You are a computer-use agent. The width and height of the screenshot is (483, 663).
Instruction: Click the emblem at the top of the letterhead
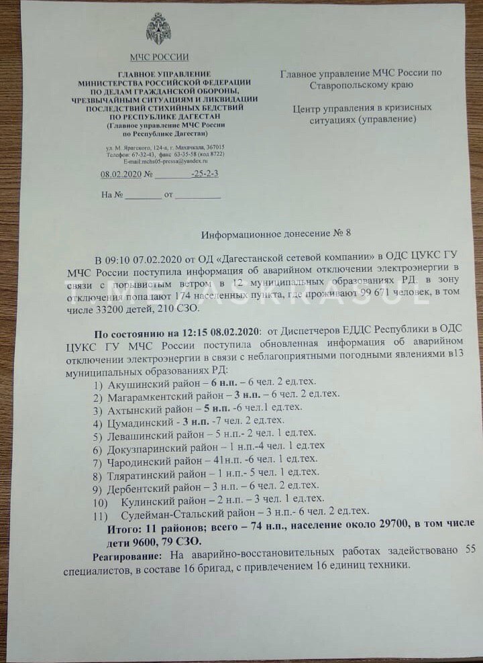[158, 30]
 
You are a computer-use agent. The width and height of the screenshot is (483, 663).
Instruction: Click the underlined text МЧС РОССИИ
[159, 58]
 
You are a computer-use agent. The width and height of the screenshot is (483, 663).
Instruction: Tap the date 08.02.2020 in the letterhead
[118, 174]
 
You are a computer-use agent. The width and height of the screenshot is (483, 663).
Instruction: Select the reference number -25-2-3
[205, 174]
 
